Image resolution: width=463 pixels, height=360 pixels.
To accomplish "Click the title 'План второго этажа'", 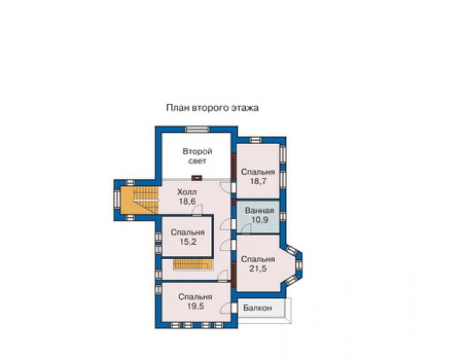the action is point(212,108).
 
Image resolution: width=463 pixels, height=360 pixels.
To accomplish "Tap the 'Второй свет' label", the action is point(197,156).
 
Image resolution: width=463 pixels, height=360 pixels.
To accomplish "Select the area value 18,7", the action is point(258,181).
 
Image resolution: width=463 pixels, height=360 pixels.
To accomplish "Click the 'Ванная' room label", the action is point(260,211).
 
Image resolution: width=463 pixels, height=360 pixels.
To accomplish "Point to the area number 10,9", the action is point(260,220).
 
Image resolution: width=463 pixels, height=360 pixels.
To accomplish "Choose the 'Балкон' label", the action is point(258,308).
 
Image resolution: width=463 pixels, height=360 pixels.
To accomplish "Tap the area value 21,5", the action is point(258,269).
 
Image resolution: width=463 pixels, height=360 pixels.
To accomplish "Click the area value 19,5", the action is point(195,306).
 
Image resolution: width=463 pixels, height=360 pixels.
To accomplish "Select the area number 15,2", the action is point(188,242).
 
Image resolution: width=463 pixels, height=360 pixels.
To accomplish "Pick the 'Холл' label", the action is point(187,192).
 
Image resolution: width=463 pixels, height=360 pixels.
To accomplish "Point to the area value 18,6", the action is point(187,202).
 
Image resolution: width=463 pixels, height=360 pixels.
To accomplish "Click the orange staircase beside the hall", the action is point(140,200).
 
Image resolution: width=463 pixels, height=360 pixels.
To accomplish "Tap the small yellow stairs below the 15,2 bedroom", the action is point(193,264).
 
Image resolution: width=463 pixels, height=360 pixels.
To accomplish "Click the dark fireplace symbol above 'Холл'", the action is point(196,178).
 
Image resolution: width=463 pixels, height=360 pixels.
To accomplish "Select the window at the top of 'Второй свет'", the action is point(197,129).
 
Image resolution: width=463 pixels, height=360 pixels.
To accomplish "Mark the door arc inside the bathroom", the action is point(247,228).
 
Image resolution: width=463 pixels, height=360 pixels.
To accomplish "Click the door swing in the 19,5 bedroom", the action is point(226,308).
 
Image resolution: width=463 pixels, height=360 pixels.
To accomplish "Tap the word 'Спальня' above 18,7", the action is point(258,172).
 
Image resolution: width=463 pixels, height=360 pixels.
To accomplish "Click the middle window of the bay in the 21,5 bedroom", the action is point(298,265).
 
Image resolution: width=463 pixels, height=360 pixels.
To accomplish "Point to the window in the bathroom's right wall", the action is point(283,217).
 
